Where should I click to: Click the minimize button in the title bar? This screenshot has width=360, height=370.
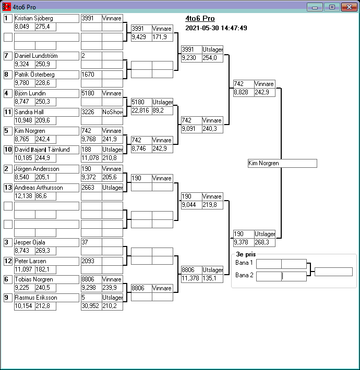pos(315,7)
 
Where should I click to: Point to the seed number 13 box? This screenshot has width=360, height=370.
pos(8,188)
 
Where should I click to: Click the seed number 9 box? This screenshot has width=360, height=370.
pos(8,298)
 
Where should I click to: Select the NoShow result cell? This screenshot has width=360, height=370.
pos(112,112)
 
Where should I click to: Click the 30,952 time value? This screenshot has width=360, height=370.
pos(91,306)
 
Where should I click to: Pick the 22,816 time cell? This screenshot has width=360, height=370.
pos(141,110)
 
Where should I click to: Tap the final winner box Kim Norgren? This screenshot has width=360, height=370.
pos(282,164)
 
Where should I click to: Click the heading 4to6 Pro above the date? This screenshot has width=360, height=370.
pos(200,19)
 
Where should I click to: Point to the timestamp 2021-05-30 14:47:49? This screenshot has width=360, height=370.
pos(216,28)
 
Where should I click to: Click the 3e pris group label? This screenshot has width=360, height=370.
pos(243,255)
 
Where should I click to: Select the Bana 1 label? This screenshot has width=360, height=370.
pos(244,263)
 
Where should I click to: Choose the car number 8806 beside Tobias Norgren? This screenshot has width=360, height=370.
pos(91,279)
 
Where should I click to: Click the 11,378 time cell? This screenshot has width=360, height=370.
pos(191,278)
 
